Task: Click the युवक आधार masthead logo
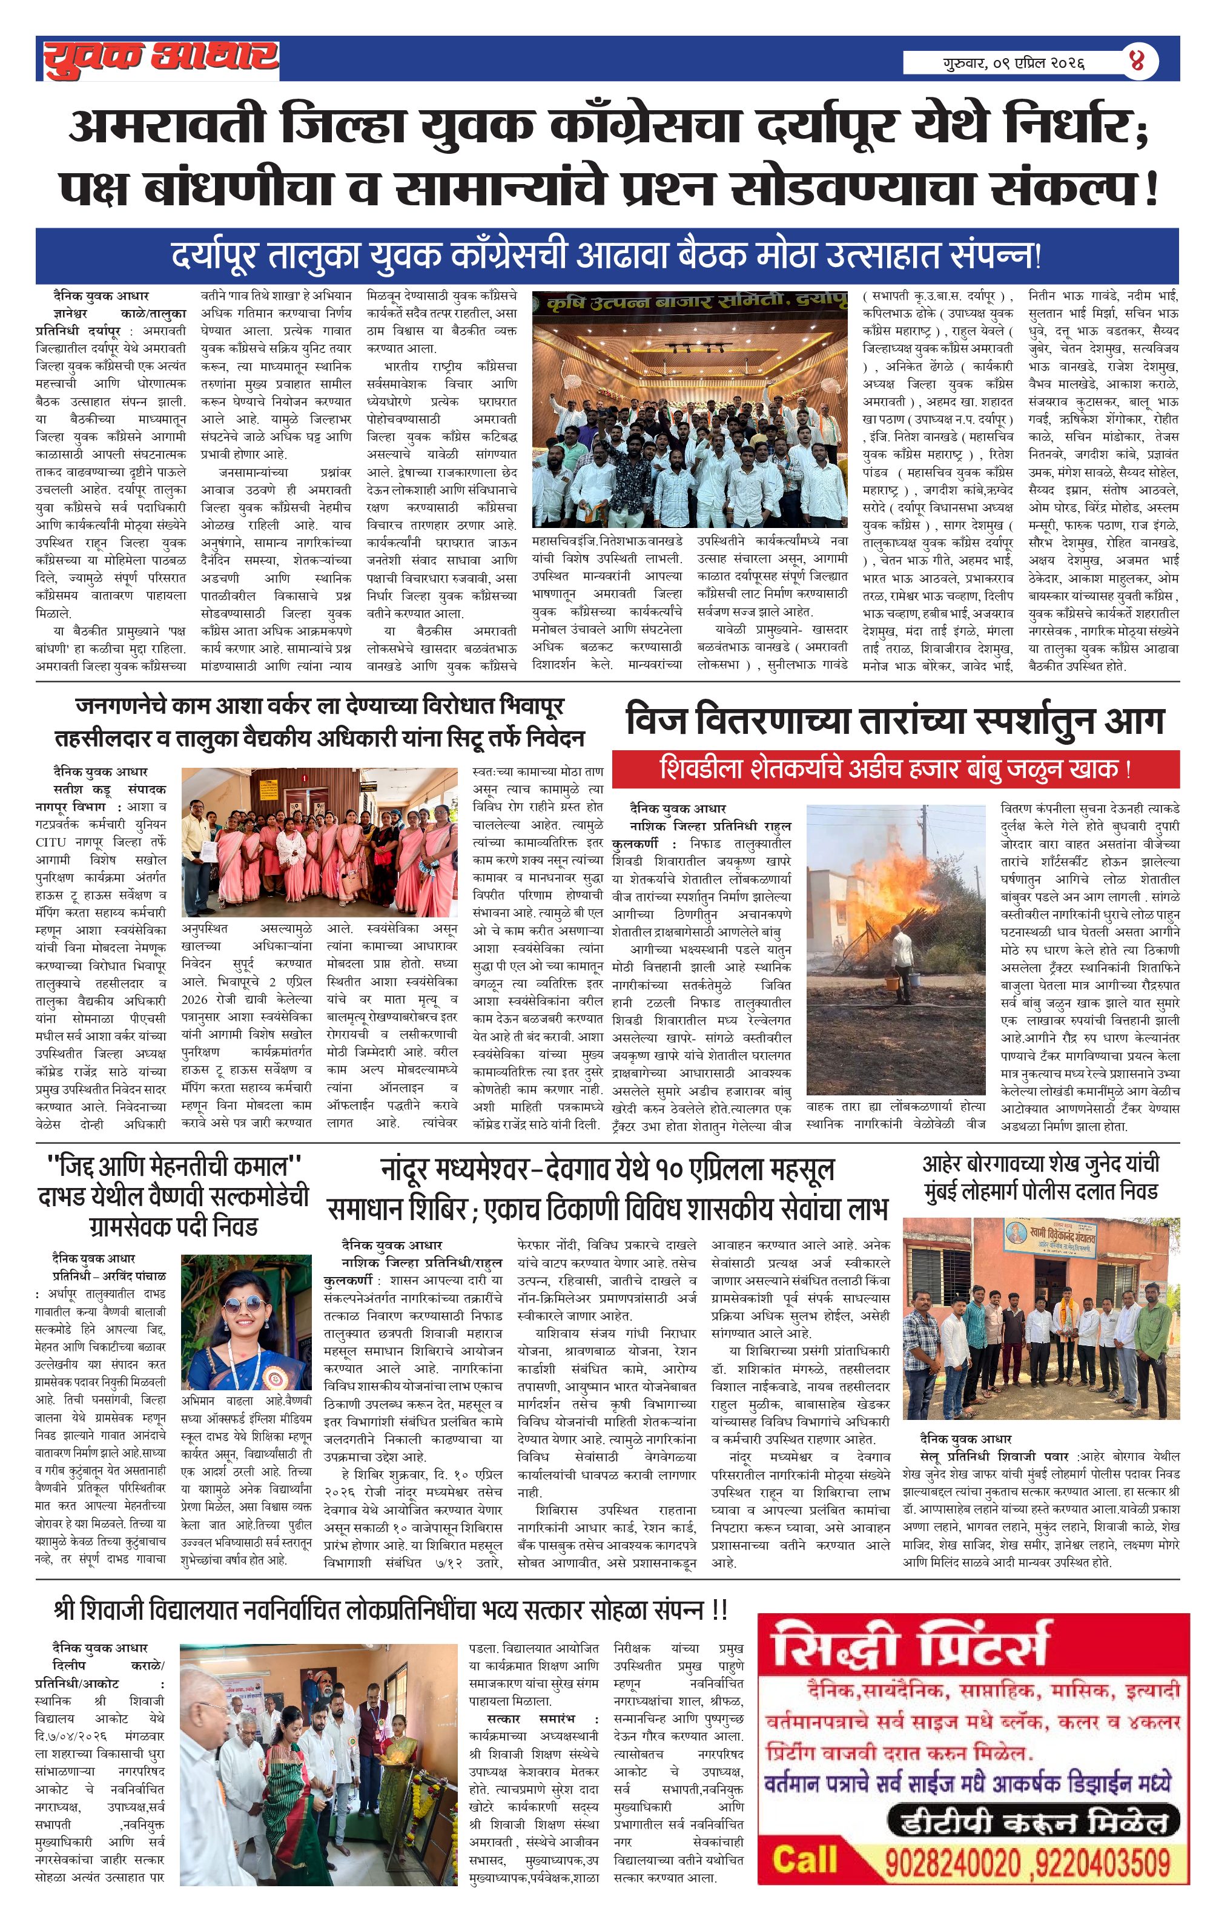(x=160, y=59)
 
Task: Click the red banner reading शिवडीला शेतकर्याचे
(x=894, y=769)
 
